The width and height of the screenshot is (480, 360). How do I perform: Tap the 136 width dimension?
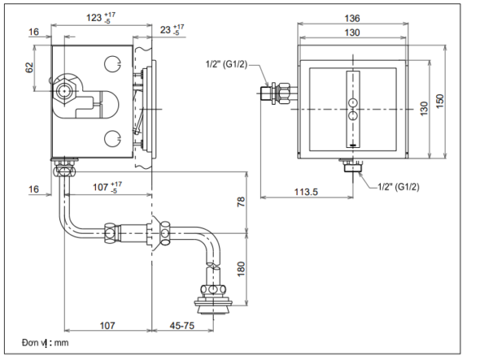353,18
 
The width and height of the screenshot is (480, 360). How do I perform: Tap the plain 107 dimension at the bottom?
107,326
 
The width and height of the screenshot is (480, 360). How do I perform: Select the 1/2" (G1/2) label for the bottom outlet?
398,187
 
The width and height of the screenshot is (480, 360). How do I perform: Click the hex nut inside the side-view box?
64,90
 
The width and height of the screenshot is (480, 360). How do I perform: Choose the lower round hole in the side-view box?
114,141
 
